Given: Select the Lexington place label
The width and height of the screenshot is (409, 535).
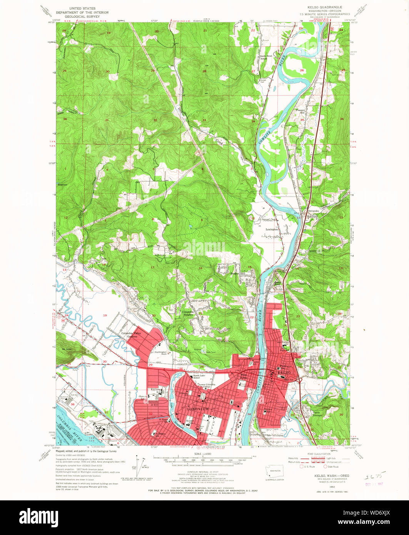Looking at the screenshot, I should (x=272, y=229).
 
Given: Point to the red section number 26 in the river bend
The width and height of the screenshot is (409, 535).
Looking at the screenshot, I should (x=302, y=70).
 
